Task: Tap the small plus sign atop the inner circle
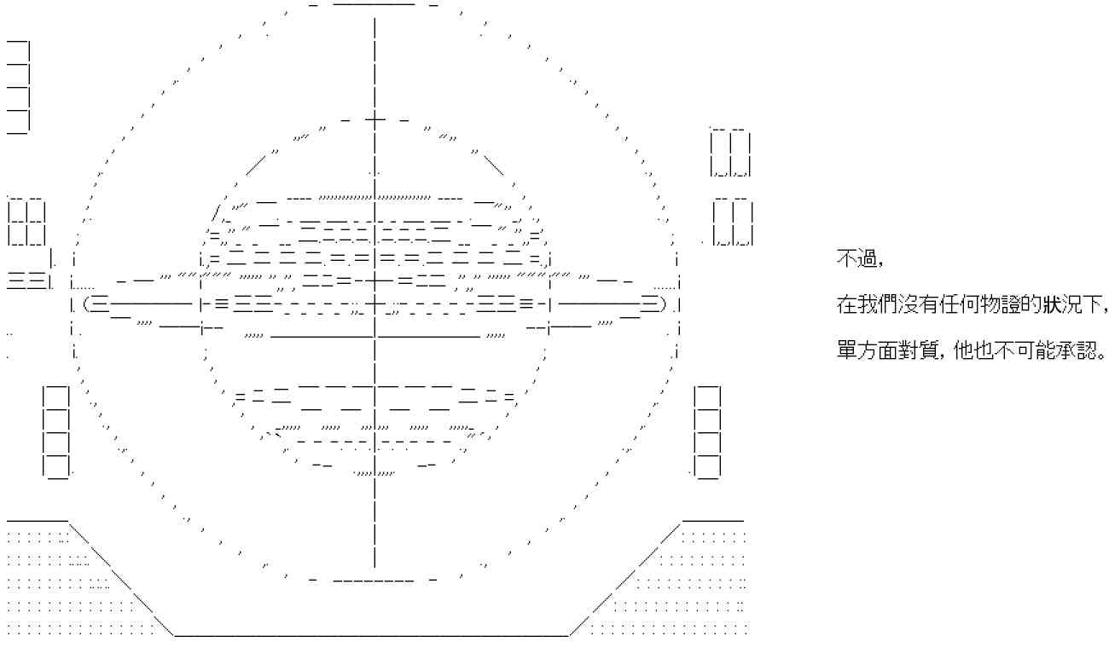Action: pyautogui.click(x=375, y=120)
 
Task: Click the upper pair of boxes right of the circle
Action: pyautogui.click(x=731, y=153)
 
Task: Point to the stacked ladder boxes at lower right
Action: pyautogui.click(x=708, y=431)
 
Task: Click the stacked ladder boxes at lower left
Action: pyautogui.click(x=56, y=431)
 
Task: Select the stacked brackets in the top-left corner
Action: pyautogui.click(x=19, y=86)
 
